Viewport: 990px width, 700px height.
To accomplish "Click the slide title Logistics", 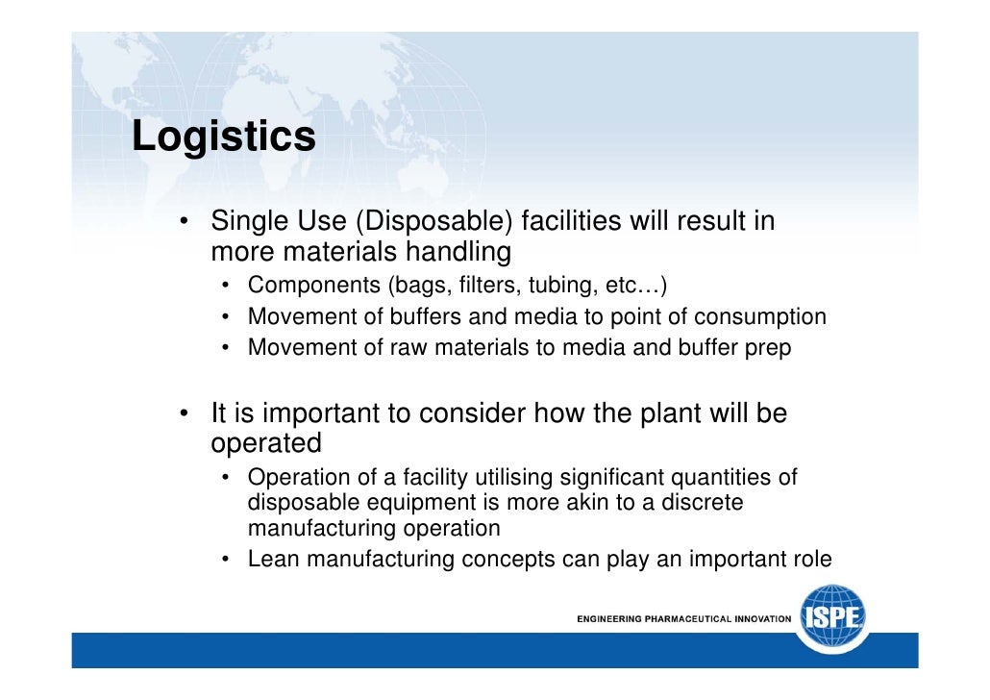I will (223, 137).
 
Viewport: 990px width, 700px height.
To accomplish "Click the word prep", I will (770, 348).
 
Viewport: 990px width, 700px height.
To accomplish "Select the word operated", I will (265, 444).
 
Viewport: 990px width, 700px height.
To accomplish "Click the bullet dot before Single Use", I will (183, 223).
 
